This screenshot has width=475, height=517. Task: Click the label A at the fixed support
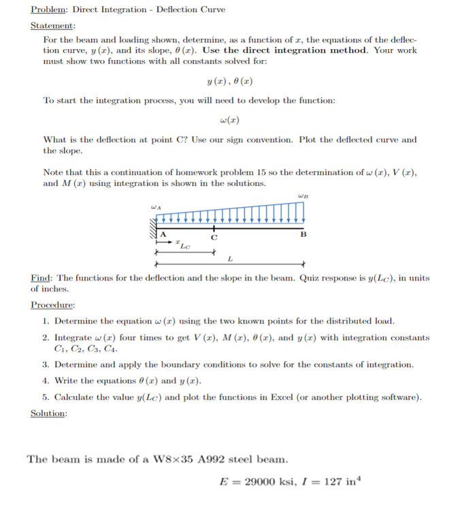162,235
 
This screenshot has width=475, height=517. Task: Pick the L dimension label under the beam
230,257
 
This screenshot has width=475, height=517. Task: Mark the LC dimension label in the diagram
185,245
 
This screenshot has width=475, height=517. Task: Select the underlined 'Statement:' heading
53,25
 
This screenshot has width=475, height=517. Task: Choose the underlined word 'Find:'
42,278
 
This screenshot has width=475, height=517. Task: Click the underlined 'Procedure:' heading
53,305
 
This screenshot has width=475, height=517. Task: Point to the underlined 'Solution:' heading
49,413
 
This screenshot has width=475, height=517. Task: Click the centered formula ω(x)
229,121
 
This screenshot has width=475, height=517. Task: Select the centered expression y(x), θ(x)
229,82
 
